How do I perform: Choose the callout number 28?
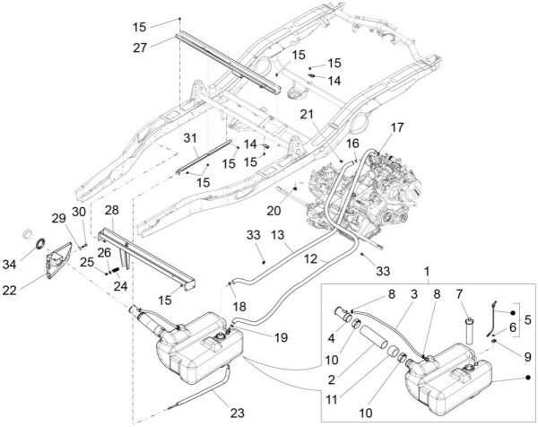click(111, 211)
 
